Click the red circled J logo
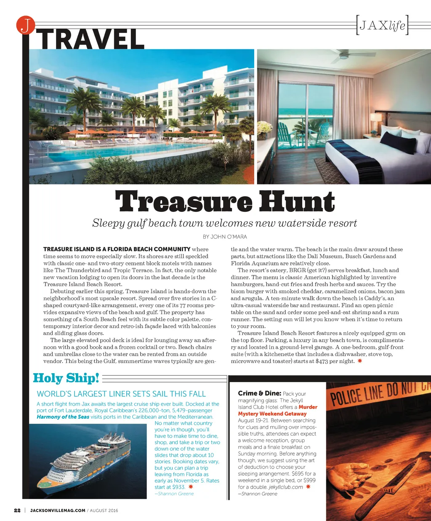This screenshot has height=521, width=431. click(x=25, y=25)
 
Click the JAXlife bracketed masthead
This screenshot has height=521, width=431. click(x=382, y=26)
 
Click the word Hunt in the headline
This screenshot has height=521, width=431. click(x=297, y=202)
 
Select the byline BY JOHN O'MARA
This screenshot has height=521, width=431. click(x=225, y=237)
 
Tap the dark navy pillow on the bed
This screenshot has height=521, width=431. click(x=397, y=143)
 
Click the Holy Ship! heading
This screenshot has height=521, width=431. click(x=66, y=378)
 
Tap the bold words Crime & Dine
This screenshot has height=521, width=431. click(x=259, y=393)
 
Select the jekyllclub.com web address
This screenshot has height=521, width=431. click(x=285, y=487)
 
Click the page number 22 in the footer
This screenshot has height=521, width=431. click(x=17, y=510)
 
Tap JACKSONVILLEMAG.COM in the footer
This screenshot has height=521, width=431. click(x=58, y=510)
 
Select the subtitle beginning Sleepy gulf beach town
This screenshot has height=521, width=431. click(x=224, y=223)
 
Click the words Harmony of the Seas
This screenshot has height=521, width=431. click(x=63, y=417)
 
